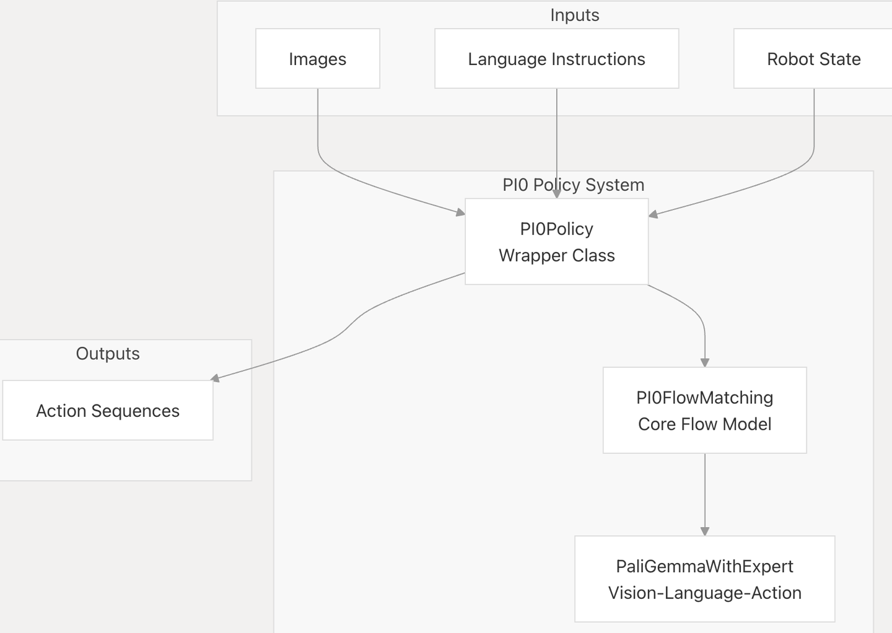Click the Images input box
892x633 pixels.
(x=317, y=59)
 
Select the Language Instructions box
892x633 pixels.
(x=556, y=59)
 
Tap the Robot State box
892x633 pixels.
(x=813, y=59)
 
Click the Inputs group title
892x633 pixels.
(x=574, y=15)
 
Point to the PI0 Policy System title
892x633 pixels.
(x=573, y=185)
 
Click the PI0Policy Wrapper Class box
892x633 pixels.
(x=556, y=242)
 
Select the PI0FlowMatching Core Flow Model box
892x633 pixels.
(x=704, y=410)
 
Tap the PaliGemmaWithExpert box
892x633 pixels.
(x=704, y=578)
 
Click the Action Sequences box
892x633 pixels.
(x=108, y=410)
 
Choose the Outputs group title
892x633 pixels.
(x=108, y=353)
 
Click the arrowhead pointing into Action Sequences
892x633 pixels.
(x=216, y=378)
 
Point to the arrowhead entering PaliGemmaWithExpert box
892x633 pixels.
(x=704, y=531)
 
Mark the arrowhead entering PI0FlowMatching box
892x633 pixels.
(x=704, y=362)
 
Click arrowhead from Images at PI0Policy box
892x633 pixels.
(x=460, y=212)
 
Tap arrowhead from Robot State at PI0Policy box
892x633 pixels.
(x=653, y=214)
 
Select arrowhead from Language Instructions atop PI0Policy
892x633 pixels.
(x=556, y=194)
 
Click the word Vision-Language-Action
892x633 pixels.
(x=704, y=593)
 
